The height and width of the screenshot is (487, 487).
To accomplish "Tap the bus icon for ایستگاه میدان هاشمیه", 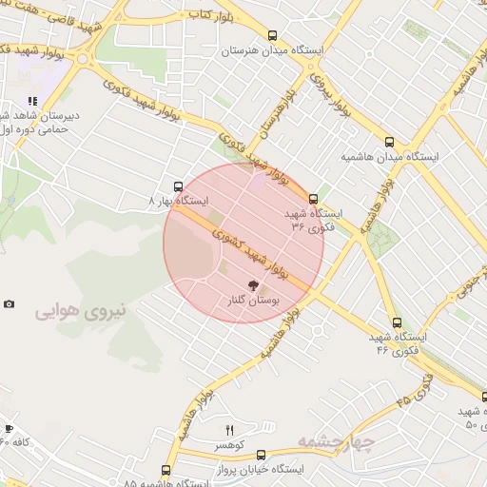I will coord(388,142).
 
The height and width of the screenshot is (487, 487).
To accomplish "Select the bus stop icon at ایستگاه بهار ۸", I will coord(178,186).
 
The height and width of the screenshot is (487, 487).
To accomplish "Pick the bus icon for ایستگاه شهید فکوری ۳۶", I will coord(314,199).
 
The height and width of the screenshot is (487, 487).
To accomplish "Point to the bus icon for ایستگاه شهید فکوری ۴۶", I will coord(397,322).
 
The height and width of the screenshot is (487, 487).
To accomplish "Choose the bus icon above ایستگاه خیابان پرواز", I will coord(261,455).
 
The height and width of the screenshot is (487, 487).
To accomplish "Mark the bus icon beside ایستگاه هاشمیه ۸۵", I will coord(166,470).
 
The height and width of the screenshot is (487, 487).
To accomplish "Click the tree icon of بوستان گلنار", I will coord(253,284).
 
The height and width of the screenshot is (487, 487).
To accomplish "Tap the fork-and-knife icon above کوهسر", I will coord(229,431).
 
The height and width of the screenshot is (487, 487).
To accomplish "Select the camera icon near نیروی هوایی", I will coord(9,304).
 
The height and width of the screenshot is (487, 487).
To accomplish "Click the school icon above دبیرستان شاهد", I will coord(32,101).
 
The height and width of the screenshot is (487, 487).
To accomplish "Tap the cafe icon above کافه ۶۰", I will coord(8,429).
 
